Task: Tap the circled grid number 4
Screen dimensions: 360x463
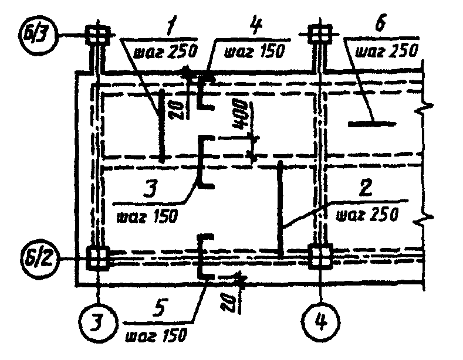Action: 320,321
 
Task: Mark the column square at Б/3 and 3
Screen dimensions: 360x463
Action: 97,33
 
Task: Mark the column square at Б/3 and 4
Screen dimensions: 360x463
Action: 320,33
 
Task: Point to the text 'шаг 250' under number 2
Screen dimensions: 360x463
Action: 368,213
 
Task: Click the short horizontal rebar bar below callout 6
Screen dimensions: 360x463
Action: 371,124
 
